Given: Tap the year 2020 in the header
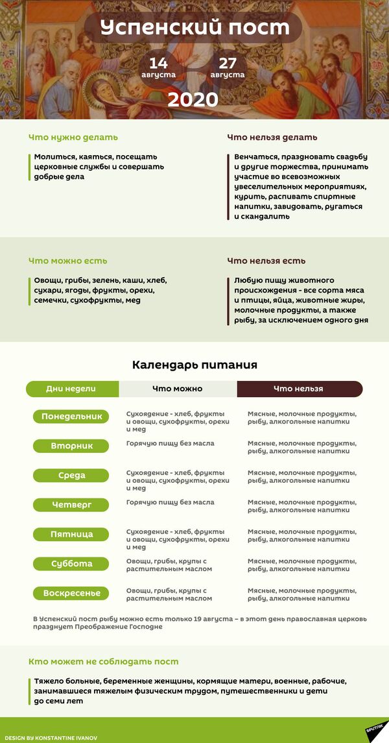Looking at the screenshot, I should (x=193, y=99).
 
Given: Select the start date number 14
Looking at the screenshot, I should (x=158, y=63).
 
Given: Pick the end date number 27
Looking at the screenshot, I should (x=228, y=63).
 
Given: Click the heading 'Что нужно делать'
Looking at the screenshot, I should (x=73, y=138).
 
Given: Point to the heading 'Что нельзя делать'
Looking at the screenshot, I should (x=272, y=138).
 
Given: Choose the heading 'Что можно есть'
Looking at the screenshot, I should (x=68, y=261).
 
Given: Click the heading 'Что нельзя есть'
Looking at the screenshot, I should (x=266, y=261).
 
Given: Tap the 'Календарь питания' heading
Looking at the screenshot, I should (x=194, y=365).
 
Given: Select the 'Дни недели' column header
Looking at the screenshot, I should (x=72, y=389).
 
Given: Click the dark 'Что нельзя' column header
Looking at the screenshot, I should (x=299, y=389).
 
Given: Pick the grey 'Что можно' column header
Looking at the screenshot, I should (x=178, y=389).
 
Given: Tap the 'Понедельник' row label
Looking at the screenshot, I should (x=71, y=417).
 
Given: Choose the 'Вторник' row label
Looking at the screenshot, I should (x=71, y=446).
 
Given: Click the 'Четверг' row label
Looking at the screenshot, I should (x=71, y=504).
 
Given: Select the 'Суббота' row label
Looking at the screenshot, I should (x=71, y=564).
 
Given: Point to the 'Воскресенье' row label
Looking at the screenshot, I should (x=71, y=593).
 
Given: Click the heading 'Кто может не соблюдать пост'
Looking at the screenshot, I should (x=104, y=662).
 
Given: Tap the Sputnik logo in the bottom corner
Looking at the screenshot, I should (x=375, y=731).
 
